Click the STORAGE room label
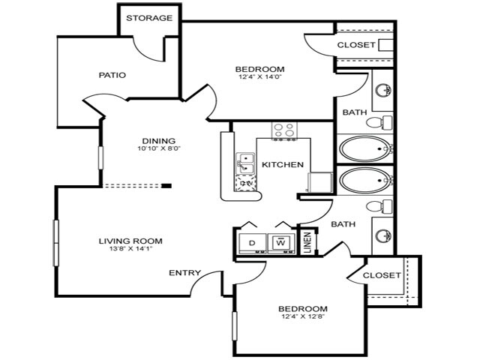pos(149,18)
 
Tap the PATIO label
pos(112,75)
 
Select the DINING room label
pos(159,140)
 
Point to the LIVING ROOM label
pos(130,241)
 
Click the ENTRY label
pos(183,272)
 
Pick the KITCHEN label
pos(282,164)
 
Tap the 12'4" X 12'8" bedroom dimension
pos(302,316)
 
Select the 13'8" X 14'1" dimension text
pos(130,249)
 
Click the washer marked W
pos(280,243)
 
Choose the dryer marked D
pos(252,243)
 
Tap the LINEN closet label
pos(307,243)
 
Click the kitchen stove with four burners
pos(283,131)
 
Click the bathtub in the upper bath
pos(365,148)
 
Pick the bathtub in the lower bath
pos(365,180)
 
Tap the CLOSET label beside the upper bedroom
pos(356,45)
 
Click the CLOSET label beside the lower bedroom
pos(382,275)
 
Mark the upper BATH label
pos(355,112)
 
